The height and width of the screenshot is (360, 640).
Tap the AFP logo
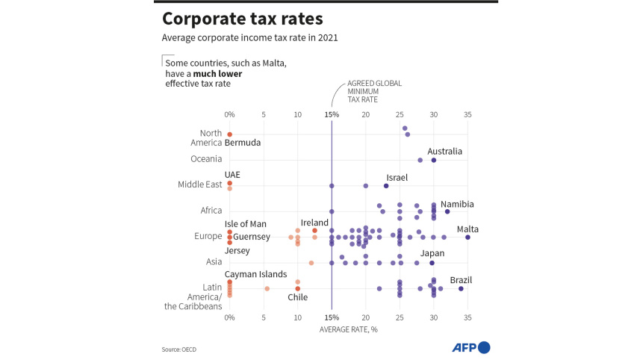(x=471, y=347)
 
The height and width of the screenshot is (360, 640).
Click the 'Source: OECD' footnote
(x=184, y=349)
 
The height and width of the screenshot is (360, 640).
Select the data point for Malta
(x=467, y=237)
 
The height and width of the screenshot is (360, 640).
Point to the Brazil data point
(x=461, y=288)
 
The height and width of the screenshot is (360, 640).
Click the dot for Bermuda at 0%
(x=230, y=134)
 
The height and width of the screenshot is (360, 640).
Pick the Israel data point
(x=386, y=186)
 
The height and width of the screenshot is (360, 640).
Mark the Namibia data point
(x=447, y=211)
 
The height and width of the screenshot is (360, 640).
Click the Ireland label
(x=314, y=223)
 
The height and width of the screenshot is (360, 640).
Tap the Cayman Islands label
(x=255, y=274)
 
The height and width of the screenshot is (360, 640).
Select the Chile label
(x=298, y=297)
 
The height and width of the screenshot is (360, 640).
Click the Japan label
(x=432, y=253)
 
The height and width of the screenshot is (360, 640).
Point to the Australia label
(x=444, y=151)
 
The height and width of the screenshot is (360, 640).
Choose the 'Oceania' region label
(x=206, y=158)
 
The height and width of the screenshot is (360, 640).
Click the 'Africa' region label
(x=211, y=211)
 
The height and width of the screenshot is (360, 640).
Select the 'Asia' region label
(x=214, y=262)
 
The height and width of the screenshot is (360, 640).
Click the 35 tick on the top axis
(x=467, y=114)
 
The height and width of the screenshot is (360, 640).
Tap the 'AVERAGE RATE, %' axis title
(x=348, y=329)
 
